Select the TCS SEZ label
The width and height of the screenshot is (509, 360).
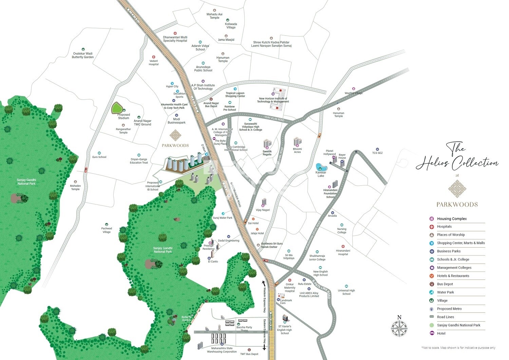(377, 153)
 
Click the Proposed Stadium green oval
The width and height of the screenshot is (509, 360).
(117, 108)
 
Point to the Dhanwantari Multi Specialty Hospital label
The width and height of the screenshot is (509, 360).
(175, 39)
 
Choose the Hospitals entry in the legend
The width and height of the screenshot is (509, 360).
(444, 227)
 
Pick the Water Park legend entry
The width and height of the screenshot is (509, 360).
(445, 292)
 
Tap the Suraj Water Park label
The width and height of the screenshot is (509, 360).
(222, 218)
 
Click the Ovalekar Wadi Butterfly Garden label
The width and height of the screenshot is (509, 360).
(83, 55)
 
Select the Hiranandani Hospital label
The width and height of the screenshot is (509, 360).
(343, 252)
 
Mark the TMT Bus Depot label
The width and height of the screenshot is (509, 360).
(249, 354)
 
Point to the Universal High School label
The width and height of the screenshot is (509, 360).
(346, 292)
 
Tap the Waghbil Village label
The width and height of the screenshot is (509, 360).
(354, 93)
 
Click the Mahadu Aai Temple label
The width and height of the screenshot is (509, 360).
(214, 16)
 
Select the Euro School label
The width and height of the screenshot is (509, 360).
(99, 157)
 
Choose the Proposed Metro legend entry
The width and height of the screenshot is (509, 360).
(449, 309)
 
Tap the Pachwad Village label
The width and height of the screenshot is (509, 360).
(107, 230)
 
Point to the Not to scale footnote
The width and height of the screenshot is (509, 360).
(458, 348)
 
